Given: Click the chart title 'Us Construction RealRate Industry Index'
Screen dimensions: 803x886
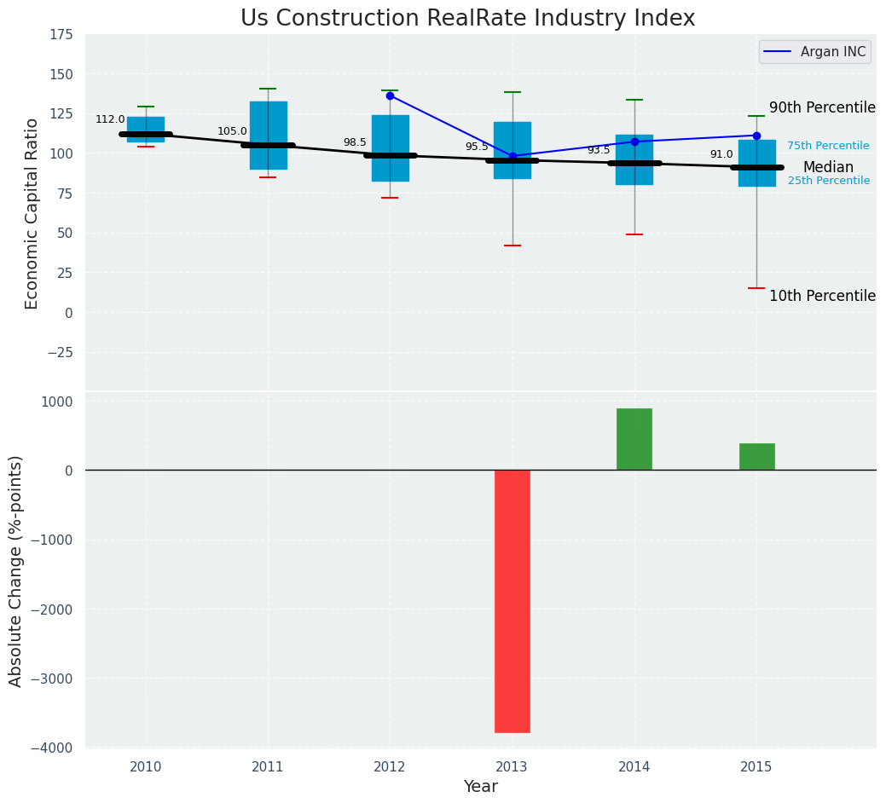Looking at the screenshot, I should (x=467, y=19).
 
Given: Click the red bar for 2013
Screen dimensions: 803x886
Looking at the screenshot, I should (x=512, y=601).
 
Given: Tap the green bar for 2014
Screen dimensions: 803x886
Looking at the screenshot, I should (x=634, y=439).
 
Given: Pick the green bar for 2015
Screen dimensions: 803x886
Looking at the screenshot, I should (x=756, y=457).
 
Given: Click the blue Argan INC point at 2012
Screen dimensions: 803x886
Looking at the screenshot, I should (x=390, y=95).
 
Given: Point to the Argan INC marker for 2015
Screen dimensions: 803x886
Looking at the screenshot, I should (x=756, y=136).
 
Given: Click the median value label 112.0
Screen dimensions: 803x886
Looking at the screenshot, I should (x=110, y=120).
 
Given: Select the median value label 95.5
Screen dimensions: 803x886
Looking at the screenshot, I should (x=477, y=147).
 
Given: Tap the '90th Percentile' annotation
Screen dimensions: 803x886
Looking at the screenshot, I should (x=822, y=108).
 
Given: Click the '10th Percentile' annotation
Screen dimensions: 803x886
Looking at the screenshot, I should (x=822, y=297).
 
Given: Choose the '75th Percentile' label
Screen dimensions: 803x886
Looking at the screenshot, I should (x=828, y=147).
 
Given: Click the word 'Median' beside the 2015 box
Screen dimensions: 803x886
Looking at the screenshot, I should (x=828, y=168).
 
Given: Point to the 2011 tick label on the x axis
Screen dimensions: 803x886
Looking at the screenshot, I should (x=268, y=768).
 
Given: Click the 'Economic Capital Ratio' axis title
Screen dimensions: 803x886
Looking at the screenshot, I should (x=32, y=213).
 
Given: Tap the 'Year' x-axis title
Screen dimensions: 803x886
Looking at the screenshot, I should (x=480, y=787).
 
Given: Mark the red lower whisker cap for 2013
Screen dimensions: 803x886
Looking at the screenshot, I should (x=512, y=246).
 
